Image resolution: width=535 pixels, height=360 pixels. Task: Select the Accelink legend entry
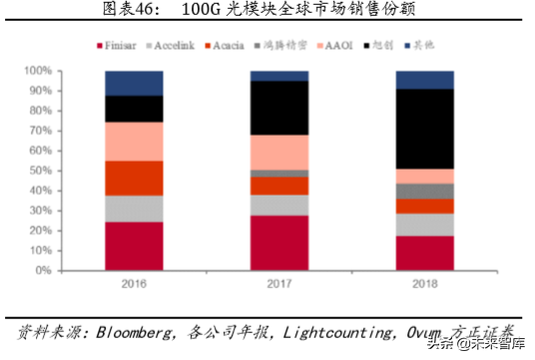pyautogui.click(x=177, y=46)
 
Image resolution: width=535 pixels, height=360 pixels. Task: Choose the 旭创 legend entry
pyautogui.click(x=394, y=46)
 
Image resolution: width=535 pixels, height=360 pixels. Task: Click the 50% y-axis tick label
pyautogui.click(x=39, y=171)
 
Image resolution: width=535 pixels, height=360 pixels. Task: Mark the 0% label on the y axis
pyautogui.click(x=42, y=270)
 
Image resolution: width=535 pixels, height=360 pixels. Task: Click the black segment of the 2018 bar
pyautogui.click(x=424, y=129)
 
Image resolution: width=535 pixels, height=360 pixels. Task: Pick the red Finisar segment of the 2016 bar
pyautogui.click(x=134, y=245)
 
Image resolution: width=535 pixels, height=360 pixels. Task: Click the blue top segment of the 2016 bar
pyautogui.click(x=134, y=83)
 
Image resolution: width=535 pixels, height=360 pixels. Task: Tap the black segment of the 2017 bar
pyautogui.click(x=279, y=108)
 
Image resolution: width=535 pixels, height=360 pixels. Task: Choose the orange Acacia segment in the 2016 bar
pyautogui.click(x=134, y=178)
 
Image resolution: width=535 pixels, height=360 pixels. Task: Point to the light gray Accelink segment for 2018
pyautogui.click(x=424, y=224)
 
